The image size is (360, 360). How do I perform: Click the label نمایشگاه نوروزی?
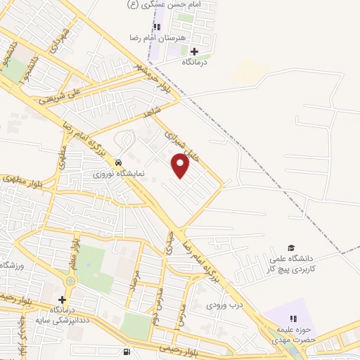[120, 172]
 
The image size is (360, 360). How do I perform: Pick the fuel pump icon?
[126, 352]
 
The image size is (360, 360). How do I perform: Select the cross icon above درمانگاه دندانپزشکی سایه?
[63, 300]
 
